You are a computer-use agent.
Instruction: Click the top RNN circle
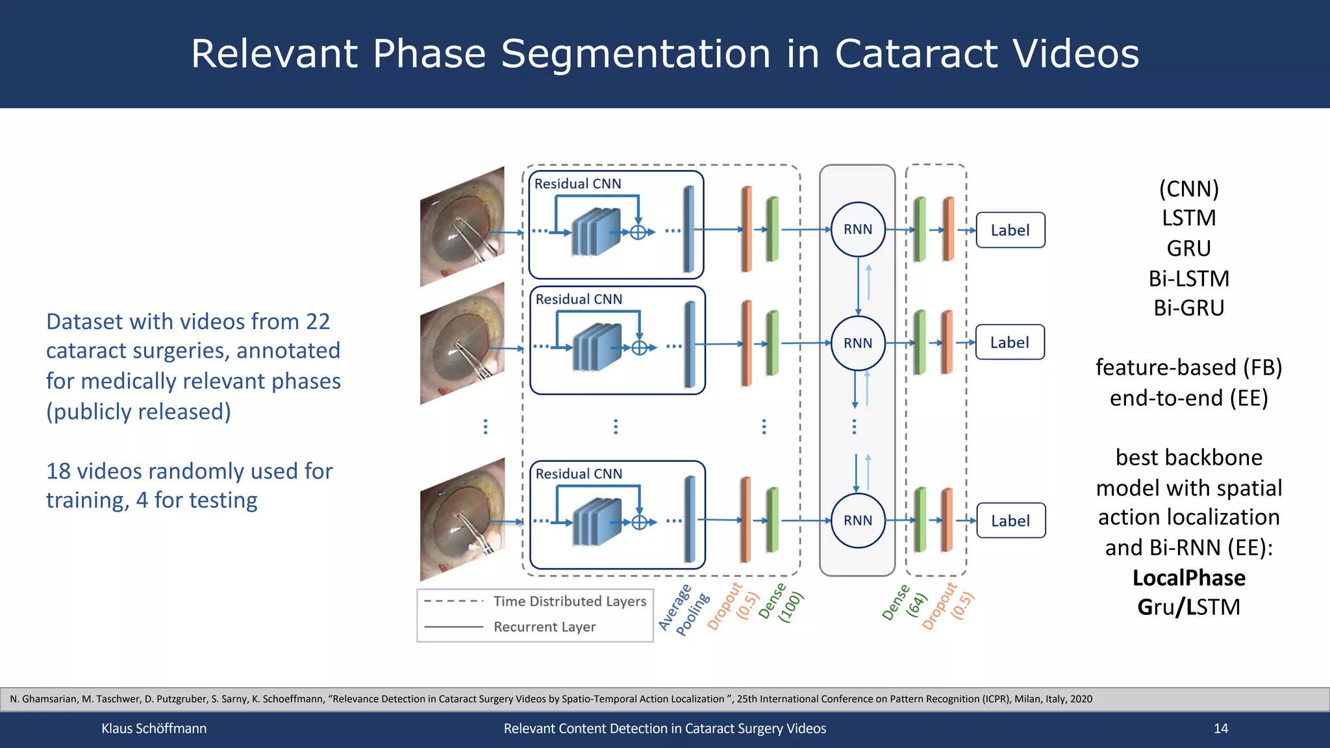tap(858, 229)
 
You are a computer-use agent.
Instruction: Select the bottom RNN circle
tap(858, 520)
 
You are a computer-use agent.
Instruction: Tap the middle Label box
tap(1010, 342)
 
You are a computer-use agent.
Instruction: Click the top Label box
tap(1010, 230)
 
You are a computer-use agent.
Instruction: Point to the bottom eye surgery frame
tap(462, 519)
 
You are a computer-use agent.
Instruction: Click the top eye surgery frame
tap(462, 227)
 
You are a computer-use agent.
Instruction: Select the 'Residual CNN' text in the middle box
tap(579, 299)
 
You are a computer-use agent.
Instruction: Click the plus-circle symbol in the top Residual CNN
tap(638, 232)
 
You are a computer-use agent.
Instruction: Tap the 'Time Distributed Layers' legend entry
tap(570, 601)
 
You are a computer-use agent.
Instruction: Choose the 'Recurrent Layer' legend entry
tap(544, 627)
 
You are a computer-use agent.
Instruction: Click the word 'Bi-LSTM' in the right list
tap(1188, 279)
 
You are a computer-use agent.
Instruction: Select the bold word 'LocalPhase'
tap(1188, 577)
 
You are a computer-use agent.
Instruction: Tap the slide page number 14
tap(1221, 729)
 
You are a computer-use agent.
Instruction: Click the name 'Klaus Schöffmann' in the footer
tap(154, 729)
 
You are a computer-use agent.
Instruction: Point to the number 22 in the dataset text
tap(318, 321)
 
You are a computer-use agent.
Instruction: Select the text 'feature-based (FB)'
tap(1188, 368)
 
